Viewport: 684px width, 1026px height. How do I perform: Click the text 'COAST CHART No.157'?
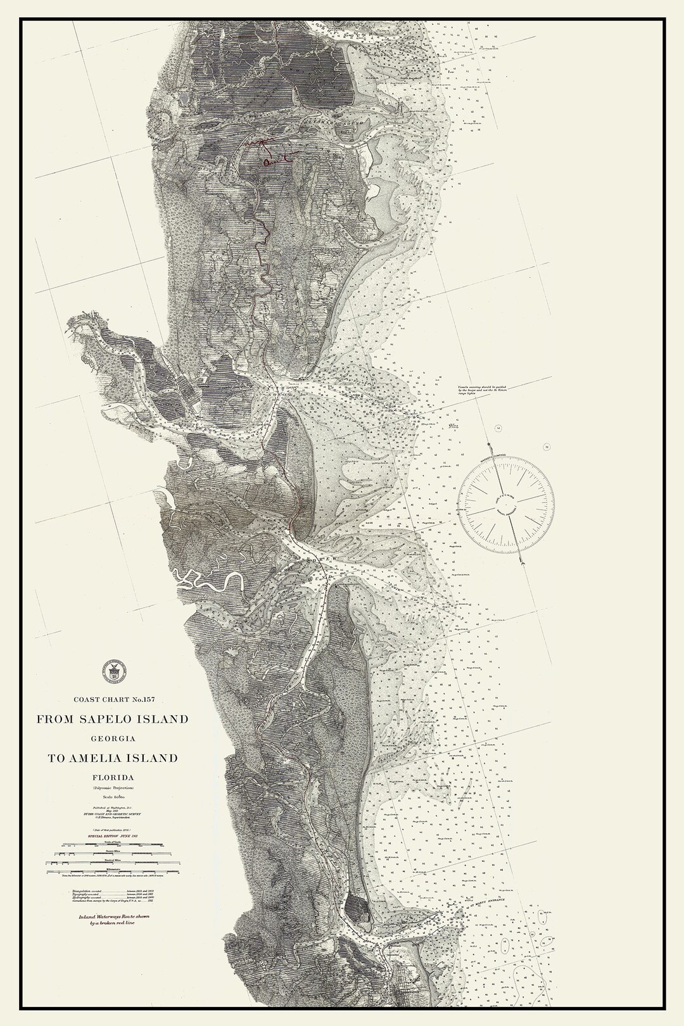[x=114, y=700]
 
